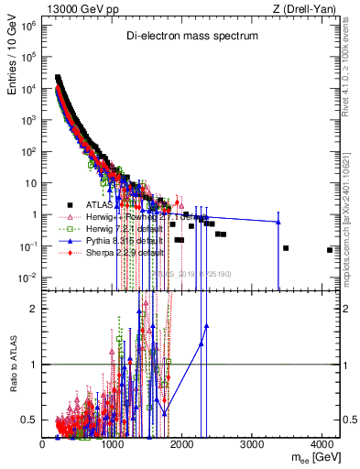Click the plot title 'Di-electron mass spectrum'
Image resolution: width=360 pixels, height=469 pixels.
(x=192, y=36)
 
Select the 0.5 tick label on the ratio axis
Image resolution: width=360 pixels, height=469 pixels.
(x=30, y=420)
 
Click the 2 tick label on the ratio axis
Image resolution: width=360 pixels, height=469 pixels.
(x=33, y=308)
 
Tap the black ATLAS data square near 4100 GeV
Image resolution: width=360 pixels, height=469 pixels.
(x=330, y=250)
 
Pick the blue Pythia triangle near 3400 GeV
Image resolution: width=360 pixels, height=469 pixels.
(x=278, y=222)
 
